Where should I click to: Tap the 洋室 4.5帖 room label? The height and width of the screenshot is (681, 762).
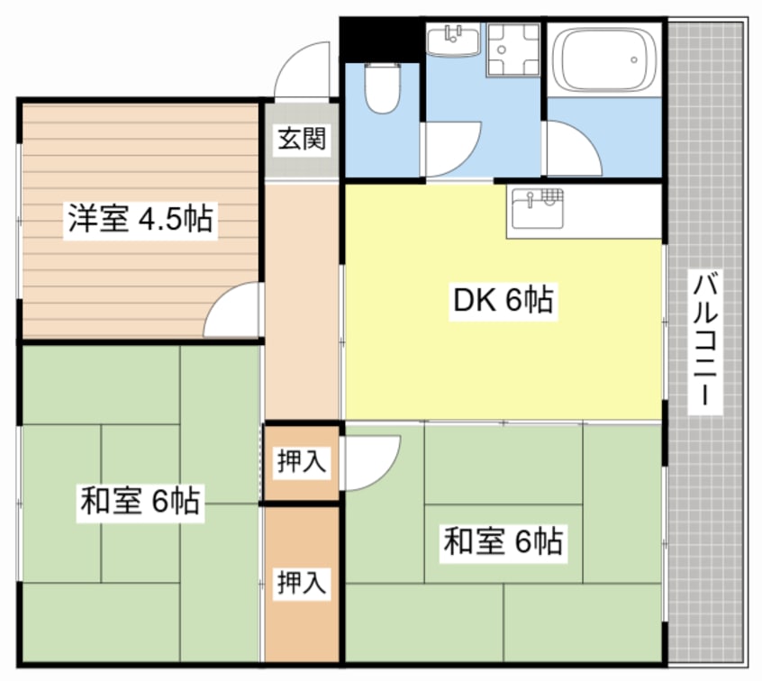coord(140,219)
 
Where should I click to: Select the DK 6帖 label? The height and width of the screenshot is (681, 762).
coord(503,301)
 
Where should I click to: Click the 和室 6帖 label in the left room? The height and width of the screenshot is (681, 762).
coord(140,500)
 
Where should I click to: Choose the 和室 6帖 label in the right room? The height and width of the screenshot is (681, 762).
coord(503,541)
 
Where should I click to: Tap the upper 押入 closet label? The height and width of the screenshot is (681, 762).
coord(301,462)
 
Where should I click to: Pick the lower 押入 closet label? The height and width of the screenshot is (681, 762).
coord(301,582)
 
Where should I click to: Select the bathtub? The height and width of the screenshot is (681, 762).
coord(602,59)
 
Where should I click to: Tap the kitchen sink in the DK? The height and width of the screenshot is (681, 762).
coord(537,213)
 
